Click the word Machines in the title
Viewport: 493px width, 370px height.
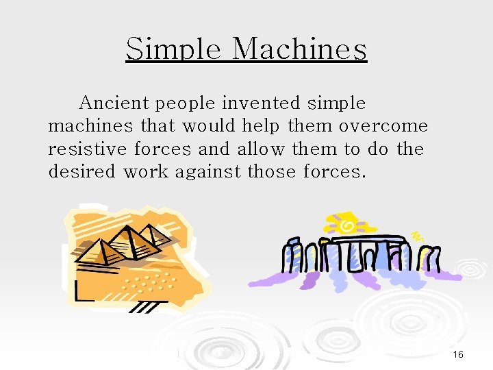(299, 49)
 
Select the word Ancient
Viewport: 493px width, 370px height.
(114, 103)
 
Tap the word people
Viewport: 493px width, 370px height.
(186, 104)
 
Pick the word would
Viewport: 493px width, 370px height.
(205, 126)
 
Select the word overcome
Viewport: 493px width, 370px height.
(383, 127)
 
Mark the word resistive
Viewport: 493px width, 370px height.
(88, 149)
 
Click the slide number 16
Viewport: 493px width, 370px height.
(458, 354)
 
